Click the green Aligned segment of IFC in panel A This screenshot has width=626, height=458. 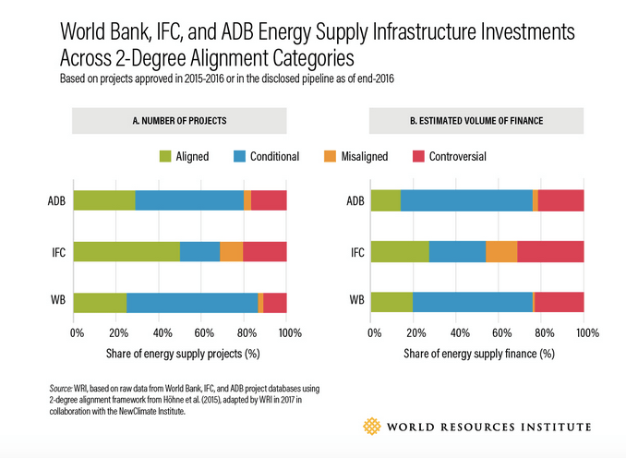[x=126, y=251]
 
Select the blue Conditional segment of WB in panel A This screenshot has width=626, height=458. [x=192, y=302]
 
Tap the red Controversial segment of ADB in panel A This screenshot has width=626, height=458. [x=269, y=200]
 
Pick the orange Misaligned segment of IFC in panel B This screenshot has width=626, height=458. [x=501, y=251]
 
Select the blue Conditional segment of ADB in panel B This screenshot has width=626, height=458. [x=466, y=200]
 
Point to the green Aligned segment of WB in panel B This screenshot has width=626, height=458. [x=391, y=302]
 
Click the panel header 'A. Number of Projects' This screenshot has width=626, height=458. [x=180, y=120]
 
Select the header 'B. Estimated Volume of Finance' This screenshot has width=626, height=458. [x=477, y=120]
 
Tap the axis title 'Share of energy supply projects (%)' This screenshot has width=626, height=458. [x=181, y=353]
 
